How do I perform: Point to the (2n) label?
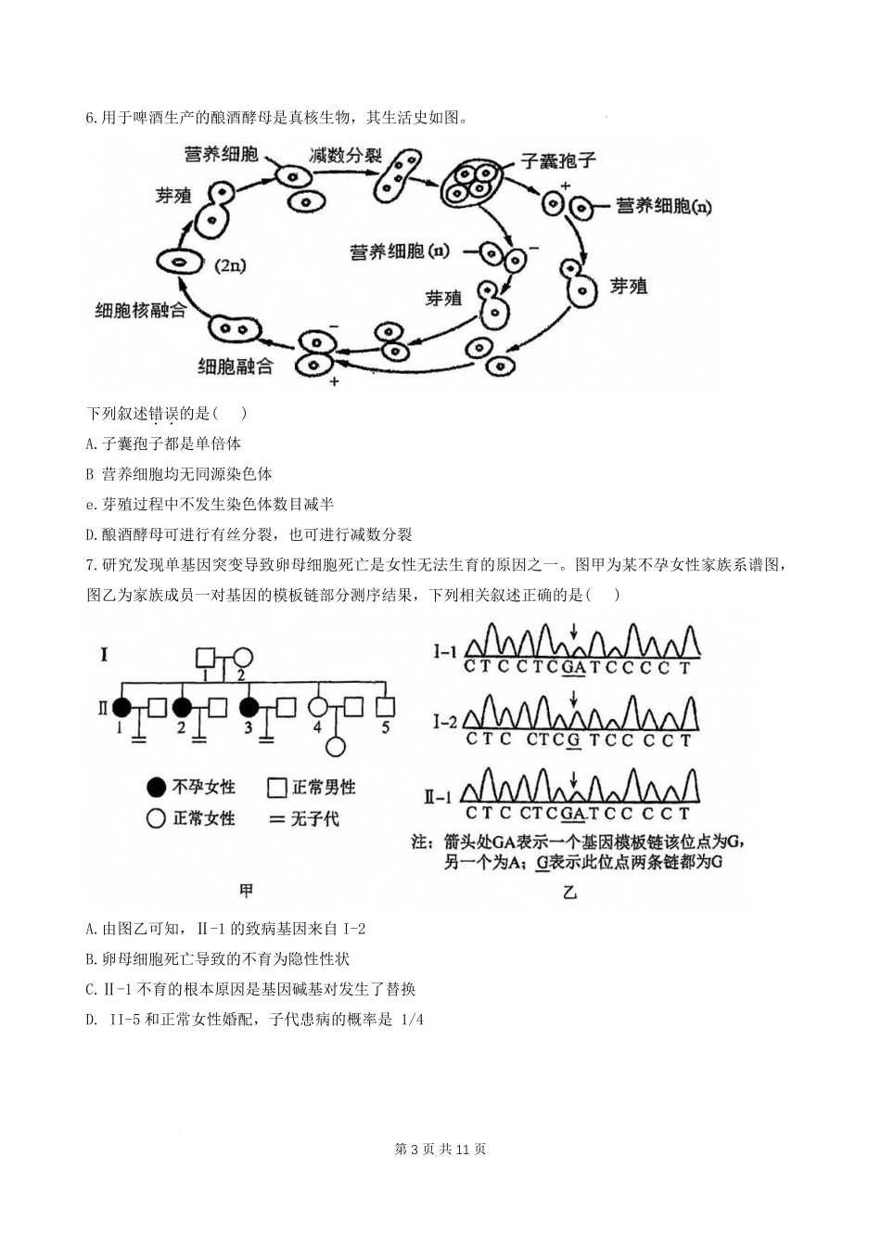[231, 266]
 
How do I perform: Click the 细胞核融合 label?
[141, 310]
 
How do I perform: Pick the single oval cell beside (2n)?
[178, 263]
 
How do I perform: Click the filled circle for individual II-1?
[121, 708]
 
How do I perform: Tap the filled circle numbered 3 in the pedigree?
[249, 708]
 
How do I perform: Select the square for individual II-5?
[385, 708]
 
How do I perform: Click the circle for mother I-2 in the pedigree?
[242, 658]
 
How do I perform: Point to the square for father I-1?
[206, 658]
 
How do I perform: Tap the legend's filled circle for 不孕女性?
[157, 788]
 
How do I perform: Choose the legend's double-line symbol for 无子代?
[275, 819]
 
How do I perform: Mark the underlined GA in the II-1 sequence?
[575, 814]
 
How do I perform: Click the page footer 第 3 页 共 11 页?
[440, 1149]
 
